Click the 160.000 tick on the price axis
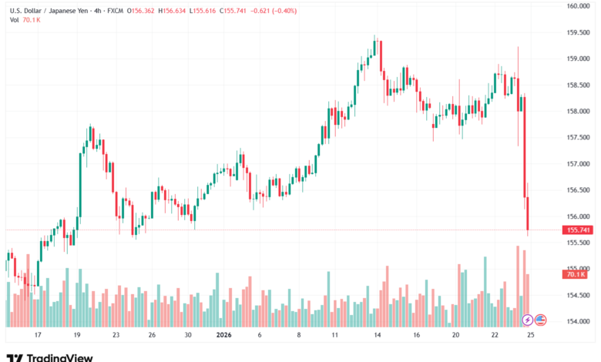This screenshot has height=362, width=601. pyautogui.click(x=578, y=6)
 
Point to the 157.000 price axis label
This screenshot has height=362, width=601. pyautogui.click(x=578, y=163)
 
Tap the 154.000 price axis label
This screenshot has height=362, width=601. pyautogui.click(x=578, y=321)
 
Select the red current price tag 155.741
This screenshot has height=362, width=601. pyautogui.click(x=579, y=230)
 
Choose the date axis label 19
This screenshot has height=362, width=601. pyautogui.click(x=77, y=336)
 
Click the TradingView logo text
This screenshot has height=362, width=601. pyautogui.click(x=60, y=357)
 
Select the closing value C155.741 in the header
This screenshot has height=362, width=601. pyautogui.click(x=237, y=9)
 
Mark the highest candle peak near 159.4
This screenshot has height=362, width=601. pyautogui.click(x=374, y=35)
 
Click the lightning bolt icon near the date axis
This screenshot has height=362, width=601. pyautogui.click(x=528, y=319)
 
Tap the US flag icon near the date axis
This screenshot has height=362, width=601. pyautogui.click(x=540, y=319)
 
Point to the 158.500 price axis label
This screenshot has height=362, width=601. pyautogui.click(x=578, y=85)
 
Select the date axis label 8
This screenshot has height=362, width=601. pyautogui.click(x=298, y=336)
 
